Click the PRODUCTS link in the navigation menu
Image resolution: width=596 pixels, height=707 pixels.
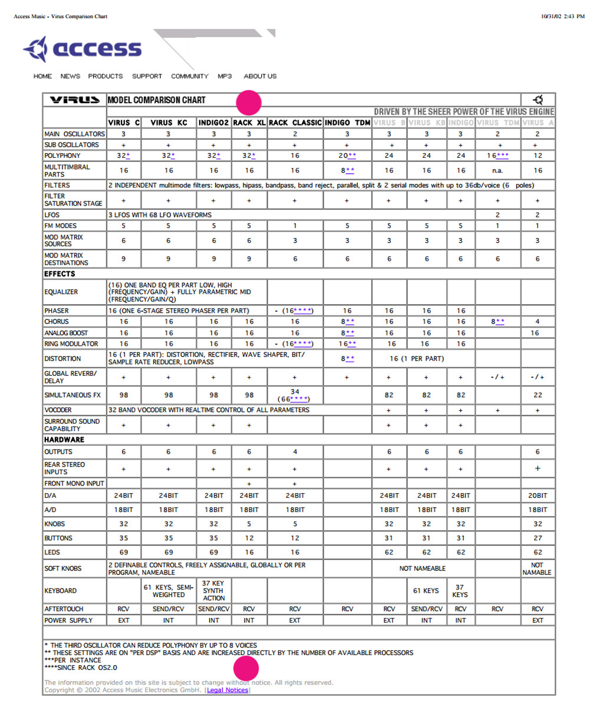click(x=106, y=76)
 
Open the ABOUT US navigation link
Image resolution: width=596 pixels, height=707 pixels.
click(x=260, y=76)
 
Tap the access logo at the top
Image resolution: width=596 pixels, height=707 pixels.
click(x=83, y=49)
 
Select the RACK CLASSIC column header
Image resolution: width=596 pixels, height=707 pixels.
click(x=295, y=123)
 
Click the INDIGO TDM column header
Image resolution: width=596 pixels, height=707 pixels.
click(x=347, y=123)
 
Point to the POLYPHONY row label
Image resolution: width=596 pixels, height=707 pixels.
click(x=62, y=156)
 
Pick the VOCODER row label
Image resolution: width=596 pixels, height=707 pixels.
click(x=58, y=409)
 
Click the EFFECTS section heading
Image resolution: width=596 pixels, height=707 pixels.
click(x=60, y=274)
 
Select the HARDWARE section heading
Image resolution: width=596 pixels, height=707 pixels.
click(x=64, y=440)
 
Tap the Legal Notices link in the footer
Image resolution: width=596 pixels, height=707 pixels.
click(x=228, y=690)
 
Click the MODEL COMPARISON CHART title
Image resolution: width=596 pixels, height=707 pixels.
click(x=156, y=100)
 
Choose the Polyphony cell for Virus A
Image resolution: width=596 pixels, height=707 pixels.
click(x=538, y=156)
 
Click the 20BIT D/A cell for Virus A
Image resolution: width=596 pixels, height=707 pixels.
click(x=538, y=495)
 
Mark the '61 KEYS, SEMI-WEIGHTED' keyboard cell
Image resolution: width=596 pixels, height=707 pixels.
click(x=169, y=591)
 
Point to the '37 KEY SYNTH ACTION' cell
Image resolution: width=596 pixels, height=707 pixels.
click(x=213, y=590)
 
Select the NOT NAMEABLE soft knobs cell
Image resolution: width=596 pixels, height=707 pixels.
click(x=423, y=569)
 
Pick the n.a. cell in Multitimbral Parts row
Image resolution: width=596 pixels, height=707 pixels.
click(x=498, y=170)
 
